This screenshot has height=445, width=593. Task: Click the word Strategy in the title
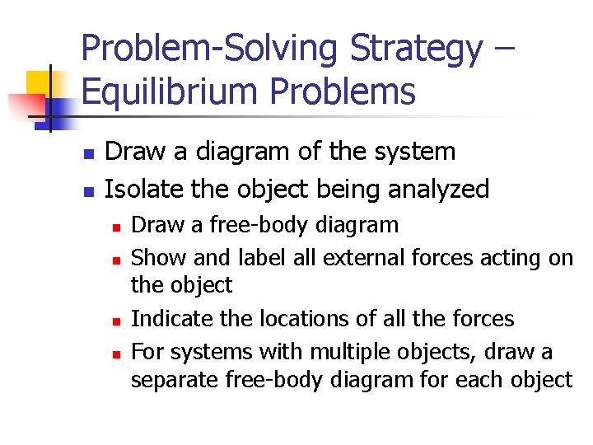coord(416,49)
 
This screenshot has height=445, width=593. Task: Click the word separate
coord(172,380)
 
